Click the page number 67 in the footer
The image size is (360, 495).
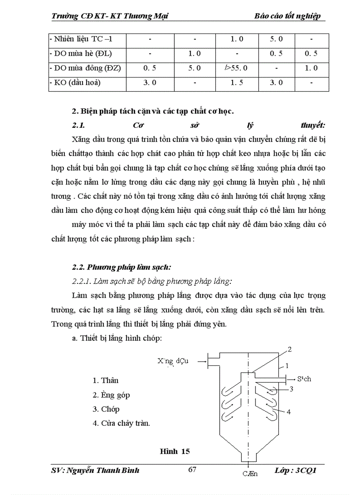tap(192, 469)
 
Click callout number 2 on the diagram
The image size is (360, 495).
tap(290, 350)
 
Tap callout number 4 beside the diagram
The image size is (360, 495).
tap(288, 412)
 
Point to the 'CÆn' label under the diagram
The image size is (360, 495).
tap(250, 474)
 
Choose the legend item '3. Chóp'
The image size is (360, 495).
tap(106, 409)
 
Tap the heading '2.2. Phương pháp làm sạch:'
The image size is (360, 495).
tap(121, 267)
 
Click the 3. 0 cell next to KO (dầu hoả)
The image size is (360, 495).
tap(150, 83)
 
